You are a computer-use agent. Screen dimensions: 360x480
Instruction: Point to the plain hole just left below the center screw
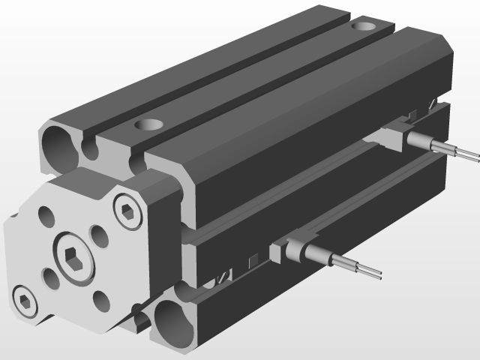click(52, 279)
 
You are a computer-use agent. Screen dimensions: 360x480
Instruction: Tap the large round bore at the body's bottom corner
click(172, 320)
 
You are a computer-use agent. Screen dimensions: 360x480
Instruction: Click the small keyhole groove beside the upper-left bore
click(91, 147)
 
